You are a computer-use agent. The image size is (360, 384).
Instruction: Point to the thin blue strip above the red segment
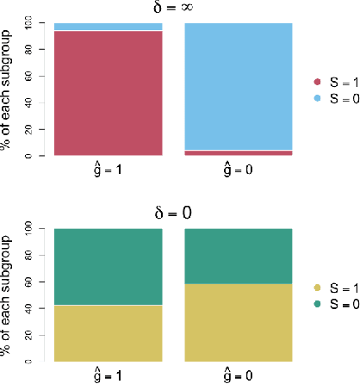pyautogui.click(x=109, y=27)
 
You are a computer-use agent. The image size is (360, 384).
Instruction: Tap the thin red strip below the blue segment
pyautogui.click(x=239, y=153)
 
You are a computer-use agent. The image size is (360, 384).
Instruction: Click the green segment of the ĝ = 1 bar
pyautogui.click(x=109, y=267)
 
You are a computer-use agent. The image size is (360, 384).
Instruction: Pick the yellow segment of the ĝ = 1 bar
pyautogui.click(x=109, y=332)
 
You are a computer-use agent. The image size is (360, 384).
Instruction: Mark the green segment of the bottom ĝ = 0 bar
pyautogui.click(x=239, y=256)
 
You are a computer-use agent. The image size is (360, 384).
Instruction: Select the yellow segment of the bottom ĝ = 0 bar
pyautogui.click(x=239, y=322)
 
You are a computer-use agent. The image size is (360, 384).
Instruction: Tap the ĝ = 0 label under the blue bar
pyautogui.click(x=239, y=170)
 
